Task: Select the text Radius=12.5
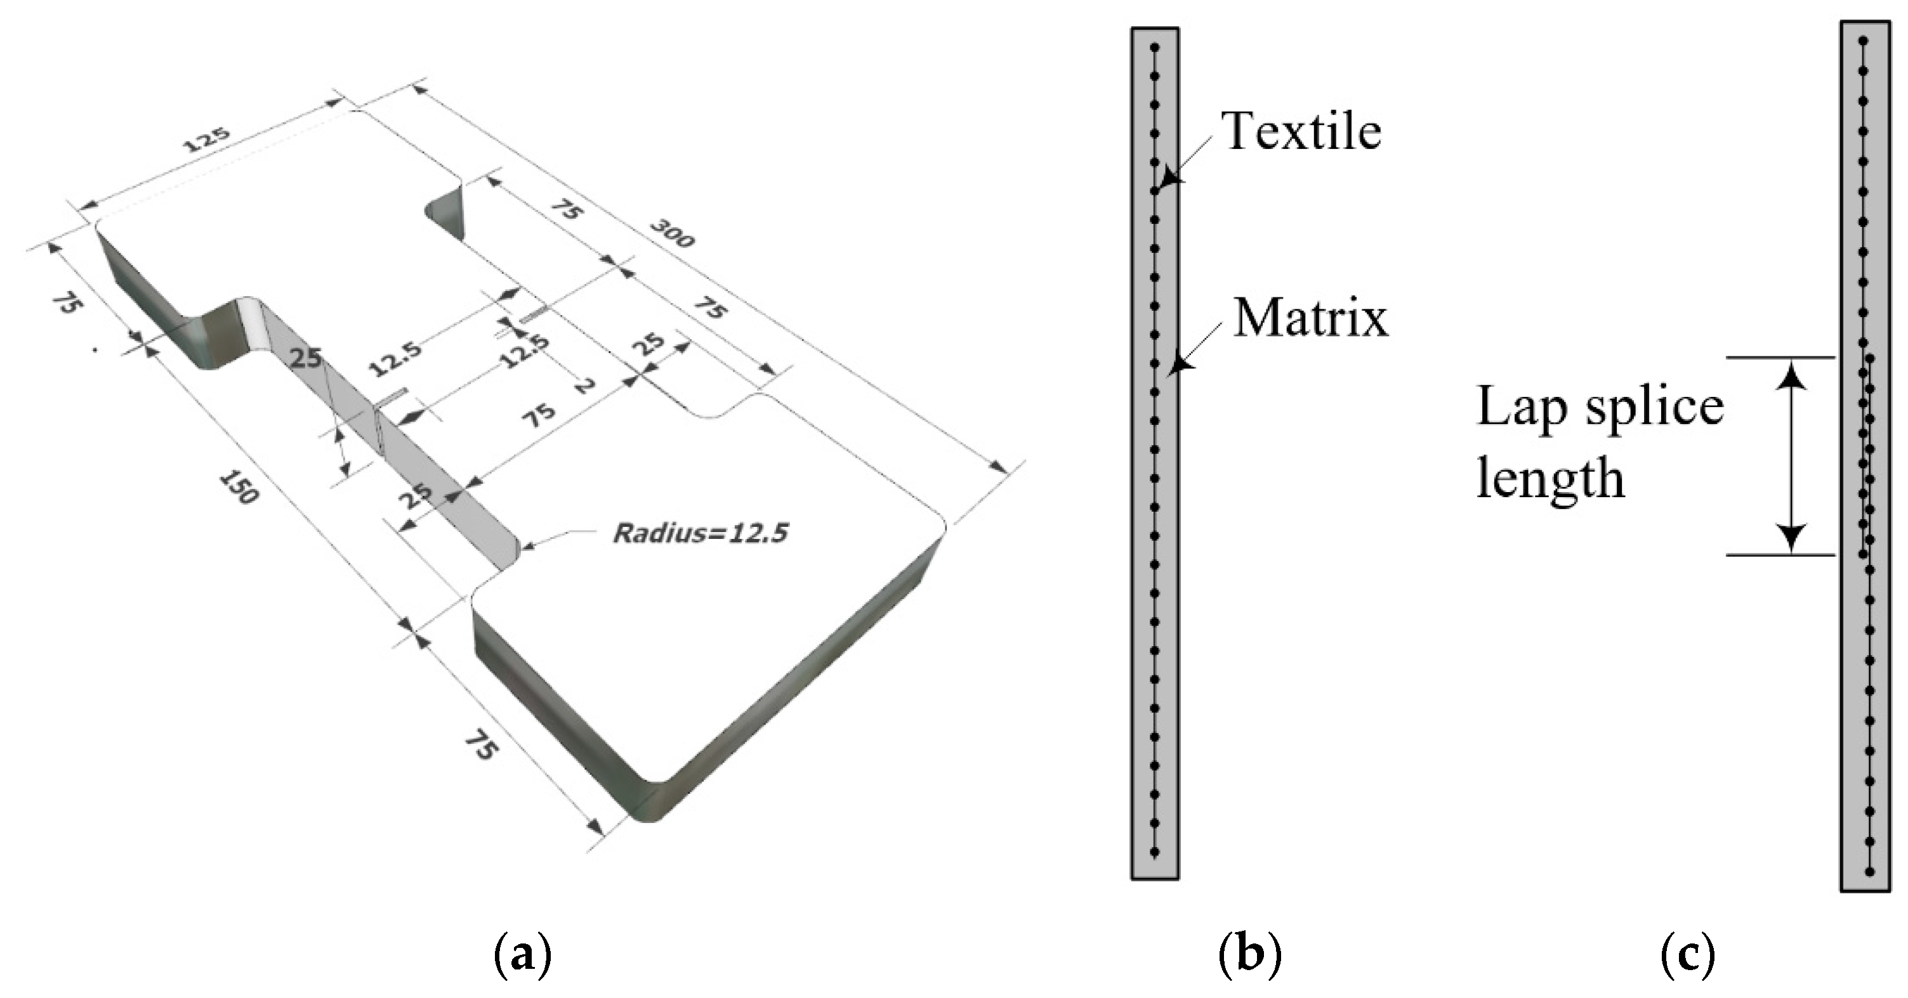700,533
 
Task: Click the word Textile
1301,132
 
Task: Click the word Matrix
1310,318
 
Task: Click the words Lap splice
1599,406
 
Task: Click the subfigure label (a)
522,954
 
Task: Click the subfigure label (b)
1249,954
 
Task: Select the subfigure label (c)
1687,954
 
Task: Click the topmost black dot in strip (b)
1154,48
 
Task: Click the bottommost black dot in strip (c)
1869,872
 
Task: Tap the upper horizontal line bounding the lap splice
1780,358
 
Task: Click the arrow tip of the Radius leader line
524,548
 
